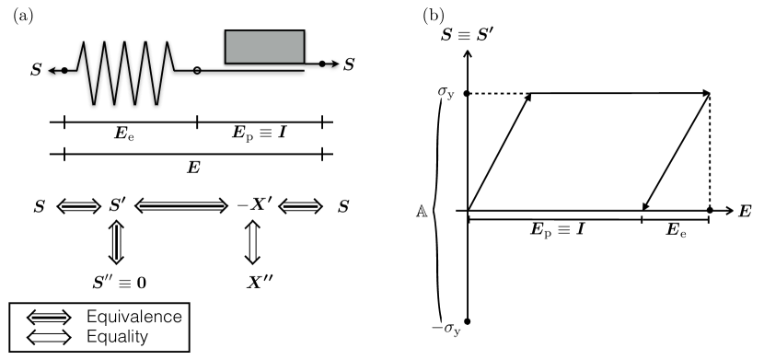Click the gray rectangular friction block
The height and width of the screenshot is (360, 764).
point(264,47)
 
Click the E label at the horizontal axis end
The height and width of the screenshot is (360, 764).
point(744,212)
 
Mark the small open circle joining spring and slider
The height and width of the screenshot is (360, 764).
point(197,70)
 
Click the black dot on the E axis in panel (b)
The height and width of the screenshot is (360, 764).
point(709,211)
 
